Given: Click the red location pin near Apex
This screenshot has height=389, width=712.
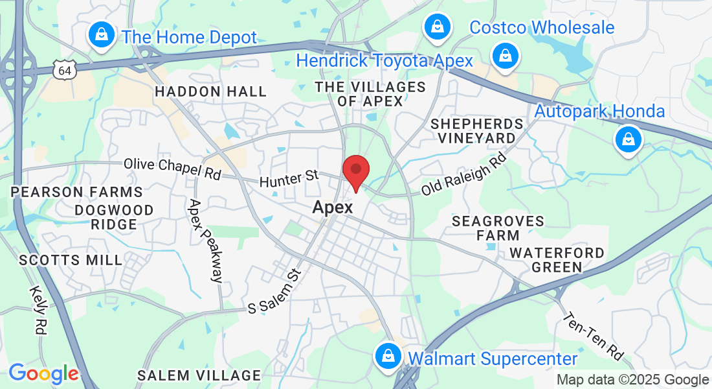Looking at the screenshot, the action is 355,171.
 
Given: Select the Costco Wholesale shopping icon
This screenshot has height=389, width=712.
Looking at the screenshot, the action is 438,27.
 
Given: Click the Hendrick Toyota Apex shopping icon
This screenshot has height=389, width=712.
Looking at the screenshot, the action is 504,56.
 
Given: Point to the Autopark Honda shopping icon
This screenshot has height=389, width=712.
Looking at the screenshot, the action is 627,139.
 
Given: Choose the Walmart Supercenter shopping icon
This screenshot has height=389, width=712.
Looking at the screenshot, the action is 388,355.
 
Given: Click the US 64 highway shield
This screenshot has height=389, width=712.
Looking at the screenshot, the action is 66,69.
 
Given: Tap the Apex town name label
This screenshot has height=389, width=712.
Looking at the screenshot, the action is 333,207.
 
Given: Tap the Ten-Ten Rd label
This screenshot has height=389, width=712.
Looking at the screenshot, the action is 594,336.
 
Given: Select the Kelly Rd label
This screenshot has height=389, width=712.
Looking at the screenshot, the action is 38,311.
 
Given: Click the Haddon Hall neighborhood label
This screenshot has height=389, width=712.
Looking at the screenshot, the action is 210,92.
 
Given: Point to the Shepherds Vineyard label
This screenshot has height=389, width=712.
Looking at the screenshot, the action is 476,130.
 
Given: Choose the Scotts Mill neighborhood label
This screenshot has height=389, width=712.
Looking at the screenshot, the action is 71,261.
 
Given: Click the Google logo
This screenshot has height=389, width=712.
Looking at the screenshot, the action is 43,373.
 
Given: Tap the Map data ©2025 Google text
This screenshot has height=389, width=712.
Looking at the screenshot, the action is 632,380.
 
